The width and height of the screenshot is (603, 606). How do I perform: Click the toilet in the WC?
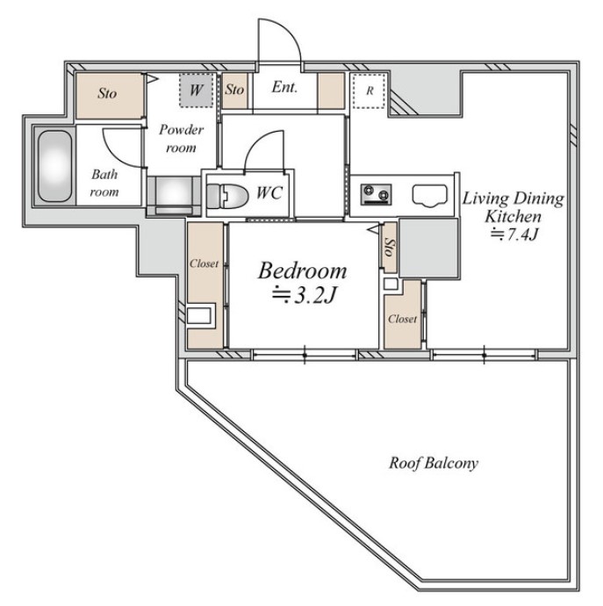point(227,196)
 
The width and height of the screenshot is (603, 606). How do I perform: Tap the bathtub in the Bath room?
point(54,166)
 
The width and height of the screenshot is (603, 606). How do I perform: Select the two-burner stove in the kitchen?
point(376,194)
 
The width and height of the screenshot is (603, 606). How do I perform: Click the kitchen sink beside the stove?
point(430,195)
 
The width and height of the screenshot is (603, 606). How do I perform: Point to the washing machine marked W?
point(196,90)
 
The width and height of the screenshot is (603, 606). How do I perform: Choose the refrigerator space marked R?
point(370,90)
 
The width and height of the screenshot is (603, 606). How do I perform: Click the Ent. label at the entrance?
point(284,87)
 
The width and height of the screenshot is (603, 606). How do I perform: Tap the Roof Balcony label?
point(434,463)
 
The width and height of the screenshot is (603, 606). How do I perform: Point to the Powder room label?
point(181,139)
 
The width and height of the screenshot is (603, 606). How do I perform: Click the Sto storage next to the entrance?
point(234,90)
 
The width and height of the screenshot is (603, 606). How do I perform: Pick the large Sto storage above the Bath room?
point(110,96)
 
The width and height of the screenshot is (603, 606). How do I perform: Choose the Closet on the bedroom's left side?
point(205,285)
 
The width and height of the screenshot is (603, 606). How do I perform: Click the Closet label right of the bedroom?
point(403,319)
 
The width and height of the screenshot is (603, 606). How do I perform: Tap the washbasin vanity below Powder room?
point(174,196)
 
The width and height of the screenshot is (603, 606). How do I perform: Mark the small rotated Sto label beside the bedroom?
point(390,248)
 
